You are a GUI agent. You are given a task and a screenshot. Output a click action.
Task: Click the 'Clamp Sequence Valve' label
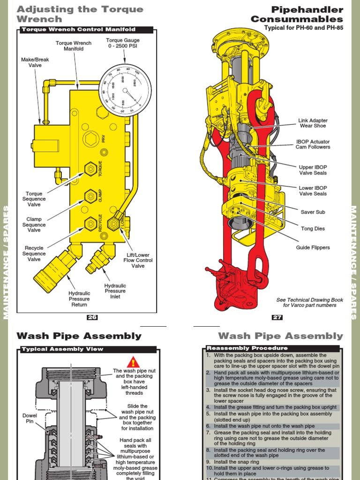click(34, 225)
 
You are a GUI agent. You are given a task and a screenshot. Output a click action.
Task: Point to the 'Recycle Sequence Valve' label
click(34, 254)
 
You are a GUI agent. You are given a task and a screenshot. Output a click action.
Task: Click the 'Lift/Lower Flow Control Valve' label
click(138, 260)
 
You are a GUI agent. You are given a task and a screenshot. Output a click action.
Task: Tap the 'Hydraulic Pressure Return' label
click(79, 299)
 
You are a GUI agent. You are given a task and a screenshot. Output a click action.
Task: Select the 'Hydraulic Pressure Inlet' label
click(115, 291)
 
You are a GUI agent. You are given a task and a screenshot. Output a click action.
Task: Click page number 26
click(92, 317)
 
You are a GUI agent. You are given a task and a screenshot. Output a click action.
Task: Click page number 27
click(277, 317)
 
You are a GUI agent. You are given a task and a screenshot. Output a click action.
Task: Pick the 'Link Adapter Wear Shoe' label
click(313, 123)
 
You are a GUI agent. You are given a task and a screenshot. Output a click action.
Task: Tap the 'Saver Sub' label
click(313, 212)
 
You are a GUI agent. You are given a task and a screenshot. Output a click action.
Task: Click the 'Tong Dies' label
click(313, 229)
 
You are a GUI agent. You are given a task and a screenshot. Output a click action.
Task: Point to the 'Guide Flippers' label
click(313, 247)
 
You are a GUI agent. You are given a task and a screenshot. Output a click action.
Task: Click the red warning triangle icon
click(134, 362)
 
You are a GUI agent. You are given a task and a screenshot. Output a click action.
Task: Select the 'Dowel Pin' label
click(30, 419)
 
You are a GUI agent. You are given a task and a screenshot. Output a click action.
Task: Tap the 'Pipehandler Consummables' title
click(297, 15)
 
